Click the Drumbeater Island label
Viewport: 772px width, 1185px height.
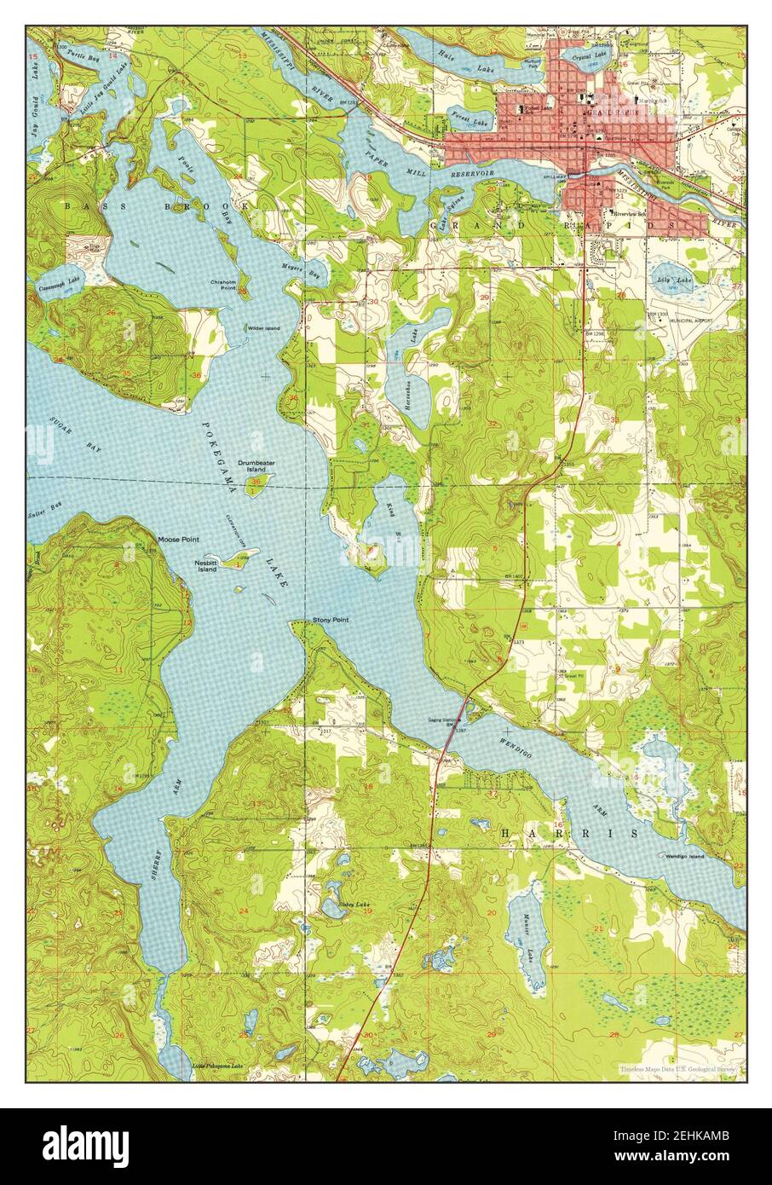click(x=256, y=465)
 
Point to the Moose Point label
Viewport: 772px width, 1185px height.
click(x=178, y=540)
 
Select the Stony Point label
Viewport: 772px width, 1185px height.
click(x=331, y=620)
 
